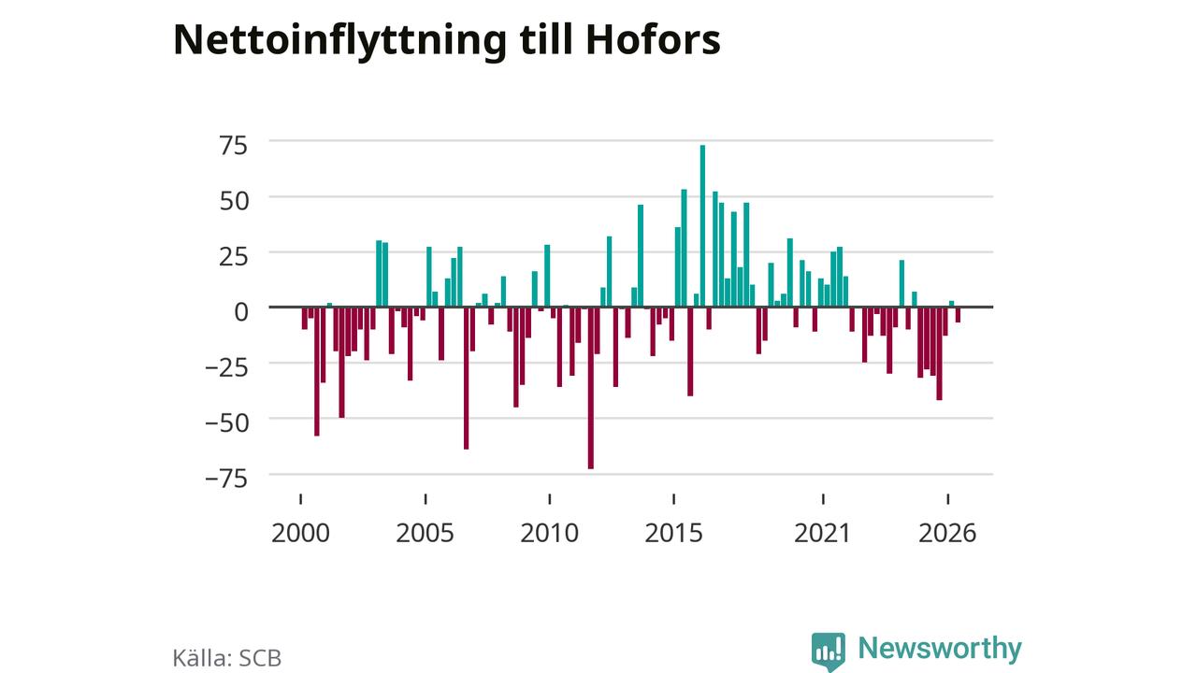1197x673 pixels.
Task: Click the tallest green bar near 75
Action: (702, 226)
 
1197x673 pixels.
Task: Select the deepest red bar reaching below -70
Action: (590, 388)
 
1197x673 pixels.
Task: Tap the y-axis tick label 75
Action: (234, 146)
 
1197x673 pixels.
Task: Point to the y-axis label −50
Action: (227, 423)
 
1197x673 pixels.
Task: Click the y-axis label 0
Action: (241, 312)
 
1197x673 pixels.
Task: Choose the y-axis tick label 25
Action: (234, 257)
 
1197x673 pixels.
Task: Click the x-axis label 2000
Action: (300, 533)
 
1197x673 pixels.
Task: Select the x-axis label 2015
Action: (673, 533)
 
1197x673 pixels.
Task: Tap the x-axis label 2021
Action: (822, 533)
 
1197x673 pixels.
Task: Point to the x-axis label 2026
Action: (947, 533)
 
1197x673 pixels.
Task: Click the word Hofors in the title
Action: (653, 39)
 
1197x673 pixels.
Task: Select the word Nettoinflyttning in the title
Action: (339, 42)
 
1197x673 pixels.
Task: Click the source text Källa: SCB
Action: (227, 657)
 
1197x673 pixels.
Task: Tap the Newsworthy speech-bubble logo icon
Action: (829, 652)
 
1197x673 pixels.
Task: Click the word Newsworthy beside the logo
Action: (940, 649)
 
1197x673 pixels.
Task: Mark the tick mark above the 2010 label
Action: (549, 499)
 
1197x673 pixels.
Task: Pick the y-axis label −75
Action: (227, 479)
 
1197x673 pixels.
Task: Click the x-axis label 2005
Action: (425, 533)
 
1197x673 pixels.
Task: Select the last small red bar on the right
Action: (958, 315)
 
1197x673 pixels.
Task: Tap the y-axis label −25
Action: (227, 367)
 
